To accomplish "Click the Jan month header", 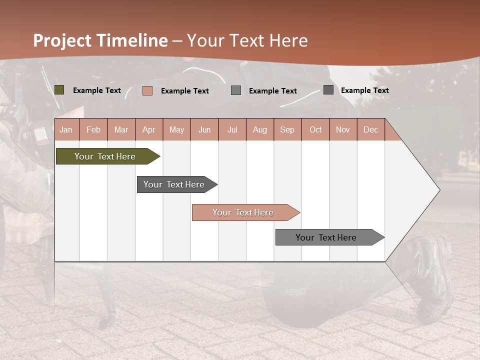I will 66,129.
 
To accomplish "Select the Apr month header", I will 148,129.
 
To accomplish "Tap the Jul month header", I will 232,129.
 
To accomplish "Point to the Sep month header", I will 287,129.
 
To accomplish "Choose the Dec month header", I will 370,129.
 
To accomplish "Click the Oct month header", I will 315,129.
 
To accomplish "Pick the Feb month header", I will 93,129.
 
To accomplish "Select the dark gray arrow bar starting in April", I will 175,184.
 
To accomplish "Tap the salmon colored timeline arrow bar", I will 243,212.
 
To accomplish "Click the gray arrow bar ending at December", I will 327,237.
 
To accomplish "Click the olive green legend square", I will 59,90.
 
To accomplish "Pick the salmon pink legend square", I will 147,90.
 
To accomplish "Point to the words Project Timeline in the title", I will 100,40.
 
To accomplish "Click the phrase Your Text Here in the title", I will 247,40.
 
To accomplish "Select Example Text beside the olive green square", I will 97,90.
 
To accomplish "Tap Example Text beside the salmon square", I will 185,91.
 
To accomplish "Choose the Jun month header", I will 204,129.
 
